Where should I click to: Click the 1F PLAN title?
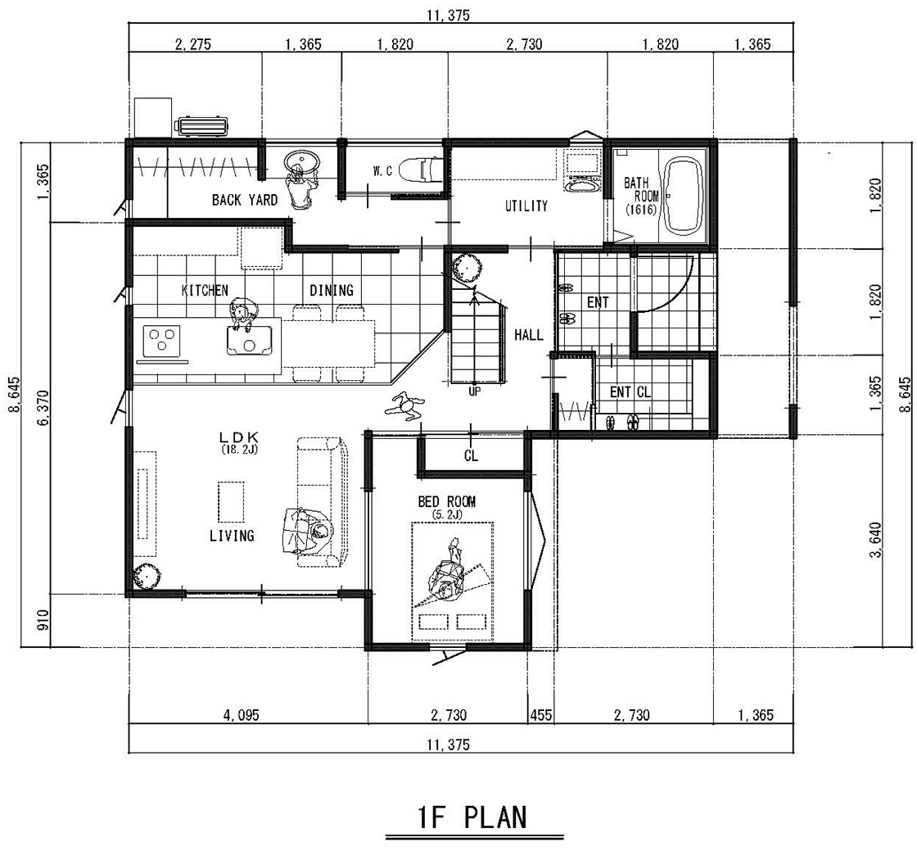pyautogui.click(x=472, y=817)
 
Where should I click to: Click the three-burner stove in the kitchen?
pyautogui.click(x=162, y=341)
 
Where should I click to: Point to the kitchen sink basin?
pyautogui.click(x=250, y=340)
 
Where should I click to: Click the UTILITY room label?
pyautogui.click(x=526, y=206)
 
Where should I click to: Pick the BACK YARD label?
pyautogui.click(x=245, y=200)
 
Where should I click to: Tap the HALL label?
pyautogui.click(x=529, y=335)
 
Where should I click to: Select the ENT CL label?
pyautogui.click(x=630, y=392)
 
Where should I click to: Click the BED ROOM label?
pyautogui.click(x=447, y=501)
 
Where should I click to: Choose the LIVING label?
pyautogui.click(x=232, y=535)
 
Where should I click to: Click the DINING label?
pyautogui.click(x=332, y=290)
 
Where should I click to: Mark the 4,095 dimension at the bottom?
pyautogui.click(x=241, y=715)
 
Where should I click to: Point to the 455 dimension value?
pyautogui.click(x=541, y=715)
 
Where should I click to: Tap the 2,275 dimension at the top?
pyautogui.click(x=193, y=44)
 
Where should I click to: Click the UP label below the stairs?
pyautogui.click(x=474, y=391)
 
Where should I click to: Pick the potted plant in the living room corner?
pyautogui.click(x=147, y=577)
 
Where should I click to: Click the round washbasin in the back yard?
pyautogui.click(x=301, y=161)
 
